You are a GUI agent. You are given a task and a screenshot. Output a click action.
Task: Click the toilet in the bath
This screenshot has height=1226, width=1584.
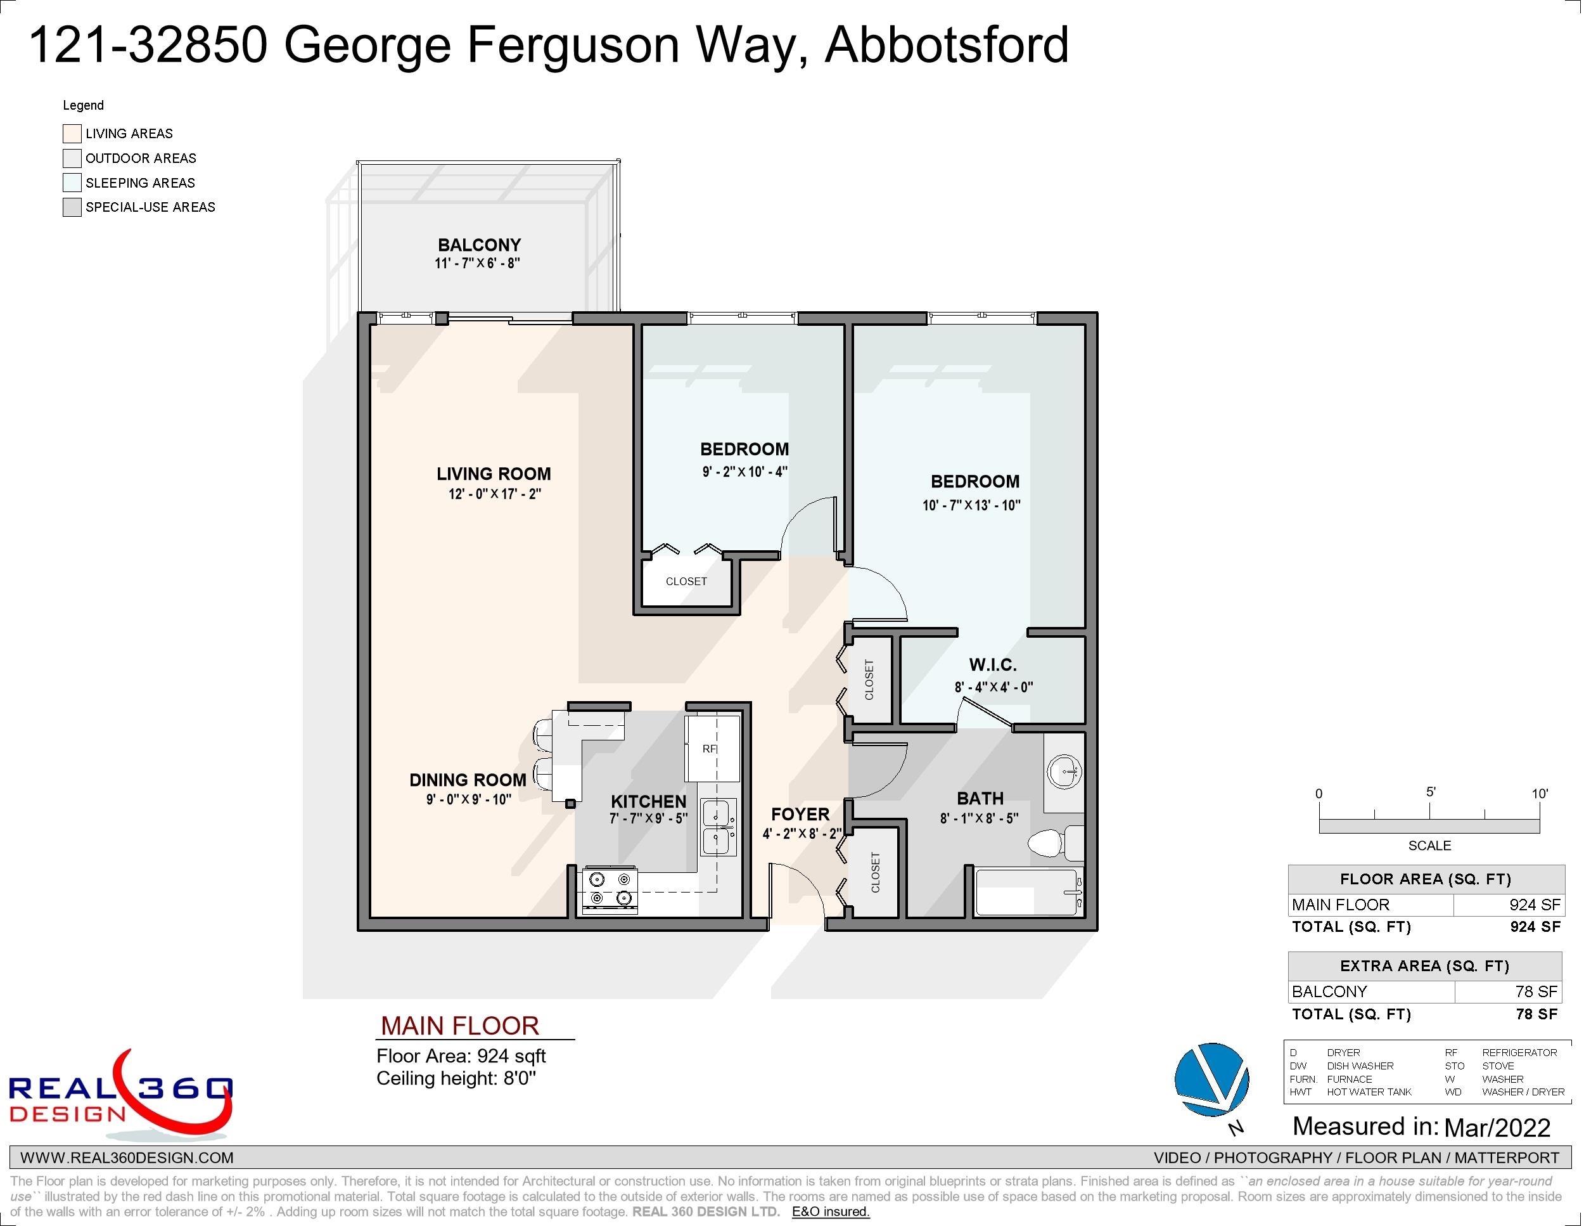tap(1056, 843)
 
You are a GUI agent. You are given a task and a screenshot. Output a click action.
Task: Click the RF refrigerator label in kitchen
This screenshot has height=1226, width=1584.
tap(710, 749)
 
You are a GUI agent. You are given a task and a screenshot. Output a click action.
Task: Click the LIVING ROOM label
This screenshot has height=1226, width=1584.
tap(494, 474)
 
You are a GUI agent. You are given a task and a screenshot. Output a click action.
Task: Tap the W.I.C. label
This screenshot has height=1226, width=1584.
tap(993, 664)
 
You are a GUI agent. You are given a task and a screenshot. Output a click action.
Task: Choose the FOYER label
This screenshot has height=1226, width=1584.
tap(800, 814)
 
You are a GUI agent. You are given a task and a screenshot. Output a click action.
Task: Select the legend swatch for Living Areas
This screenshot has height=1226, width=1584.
tap(72, 134)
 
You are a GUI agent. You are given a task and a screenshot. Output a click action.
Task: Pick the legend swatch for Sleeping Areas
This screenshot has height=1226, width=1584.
tap(72, 182)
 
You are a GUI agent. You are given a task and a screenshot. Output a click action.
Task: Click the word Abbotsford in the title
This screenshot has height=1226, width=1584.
tap(947, 45)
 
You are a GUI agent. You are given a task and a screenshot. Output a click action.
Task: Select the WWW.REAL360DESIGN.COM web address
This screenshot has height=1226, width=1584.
tap(127, 1158)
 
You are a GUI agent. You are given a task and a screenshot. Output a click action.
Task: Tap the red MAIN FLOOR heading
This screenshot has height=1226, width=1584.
tap(460, 1026)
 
